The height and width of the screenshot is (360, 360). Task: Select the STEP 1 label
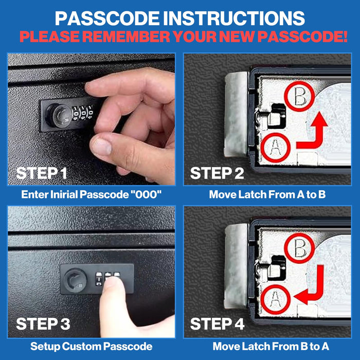[x=42, y=173]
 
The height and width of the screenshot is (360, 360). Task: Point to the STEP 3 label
[x=43, y=324]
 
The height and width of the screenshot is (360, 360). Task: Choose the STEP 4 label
[x=217, y=324]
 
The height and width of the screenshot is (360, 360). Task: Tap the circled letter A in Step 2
[x=276, y=148]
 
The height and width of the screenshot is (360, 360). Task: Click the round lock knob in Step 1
[x=58, y=115]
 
